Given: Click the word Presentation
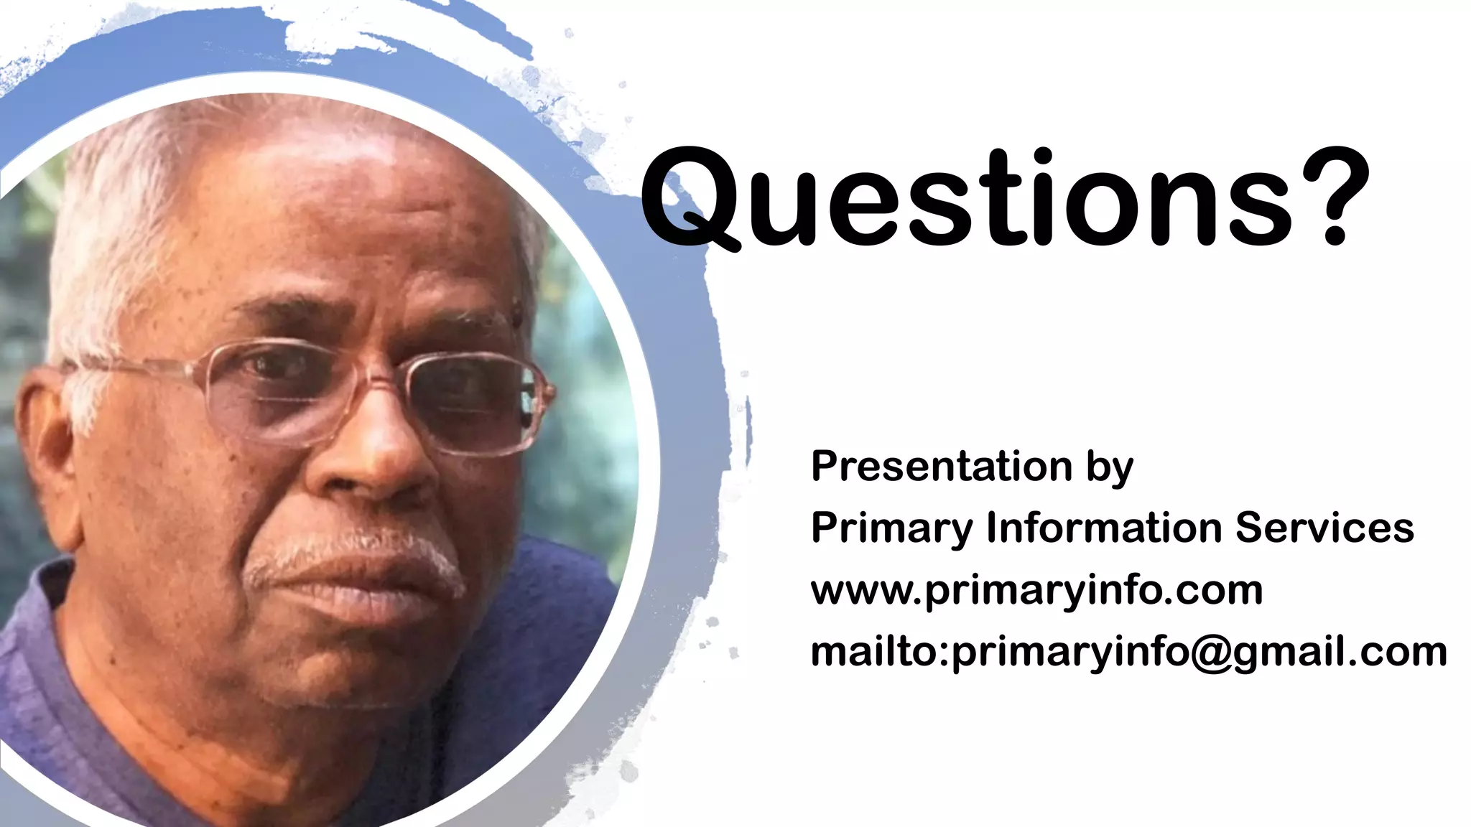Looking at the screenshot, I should pyautogui.click(x=942, y=467).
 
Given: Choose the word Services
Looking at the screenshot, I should pyautogui.click(x=1324, y=528).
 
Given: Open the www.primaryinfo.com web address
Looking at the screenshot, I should pyautogui.click(x=1036, y=591).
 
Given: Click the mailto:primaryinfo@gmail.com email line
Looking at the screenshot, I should pyautogui.click(x=1128, y=653).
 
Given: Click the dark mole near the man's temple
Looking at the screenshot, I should pyautogui.click(x=516, y=311).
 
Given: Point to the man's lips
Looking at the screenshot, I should pyautogui.click(x=359, y=589).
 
